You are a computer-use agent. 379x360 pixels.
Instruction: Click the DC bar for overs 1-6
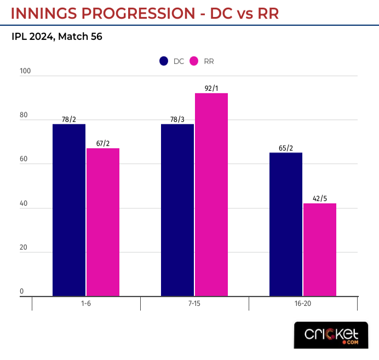tap(69, 210)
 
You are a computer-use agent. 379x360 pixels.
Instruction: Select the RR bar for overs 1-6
tap(102, 222)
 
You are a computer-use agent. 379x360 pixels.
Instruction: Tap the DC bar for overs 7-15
tap(177, 210)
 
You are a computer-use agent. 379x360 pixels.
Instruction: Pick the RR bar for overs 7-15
tap(211, 195)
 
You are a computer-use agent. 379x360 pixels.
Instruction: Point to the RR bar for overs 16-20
tap(319, 249)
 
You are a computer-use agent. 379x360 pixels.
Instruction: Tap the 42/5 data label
tap(320, 199)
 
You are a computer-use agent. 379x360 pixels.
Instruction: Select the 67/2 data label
tap(102, 143)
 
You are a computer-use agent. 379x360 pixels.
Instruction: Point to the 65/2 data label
tap(286, 148)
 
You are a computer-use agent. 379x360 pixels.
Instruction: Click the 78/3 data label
tap(177, 119)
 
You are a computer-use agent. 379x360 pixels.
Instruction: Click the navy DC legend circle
tap(164, 61)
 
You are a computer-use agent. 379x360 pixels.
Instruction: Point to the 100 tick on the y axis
tap(25, 71)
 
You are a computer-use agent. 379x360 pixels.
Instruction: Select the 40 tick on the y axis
tap(24, 204)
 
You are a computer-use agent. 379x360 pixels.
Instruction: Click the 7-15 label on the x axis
tap(194, 304)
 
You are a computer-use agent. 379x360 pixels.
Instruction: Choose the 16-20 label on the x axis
tap(303, 304)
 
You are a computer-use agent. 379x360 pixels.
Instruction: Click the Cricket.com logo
tap(331, 335)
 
